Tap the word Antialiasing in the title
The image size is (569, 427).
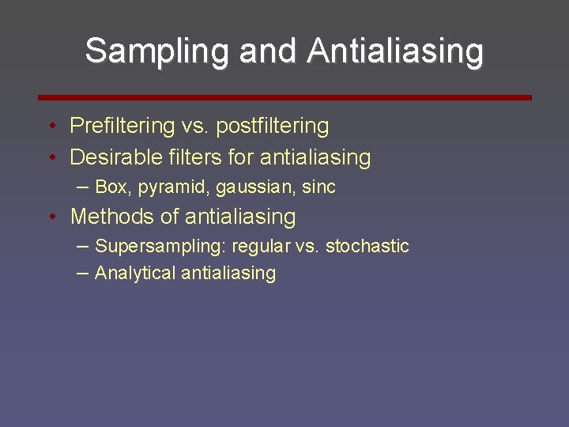[x=395, y=51]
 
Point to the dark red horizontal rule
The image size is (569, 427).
[x=284, y=97]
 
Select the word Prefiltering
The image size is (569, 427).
[x=122, y=126]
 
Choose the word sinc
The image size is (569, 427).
[x=318, y=187]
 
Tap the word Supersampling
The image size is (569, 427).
[x=160, y=247]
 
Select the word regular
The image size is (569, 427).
[x=260, y=247]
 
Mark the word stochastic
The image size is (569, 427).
[x=367, y=246]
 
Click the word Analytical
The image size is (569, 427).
[x=135, y=274]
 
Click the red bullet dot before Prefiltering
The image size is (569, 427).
[x=51, y=127]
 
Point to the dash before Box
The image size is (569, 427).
[x=83, y=187]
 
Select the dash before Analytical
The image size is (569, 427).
[x=83, y=273]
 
